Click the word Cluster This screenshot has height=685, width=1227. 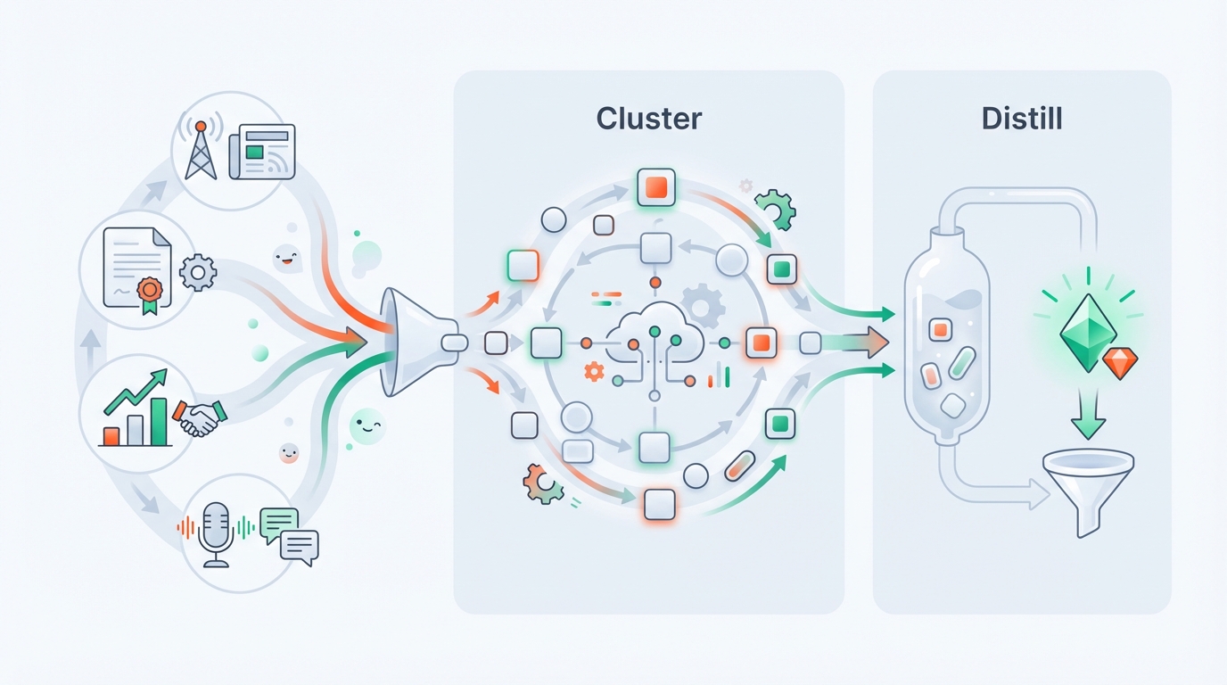[648, 119]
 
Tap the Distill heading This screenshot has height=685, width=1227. [1021, 119]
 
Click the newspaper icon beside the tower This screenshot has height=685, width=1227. [260, 153]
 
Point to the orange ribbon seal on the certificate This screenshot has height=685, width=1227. [150, 292]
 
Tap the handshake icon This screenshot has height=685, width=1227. [200, 417]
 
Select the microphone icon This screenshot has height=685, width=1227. [216, 533]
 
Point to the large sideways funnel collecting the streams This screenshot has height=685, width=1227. [406, 342]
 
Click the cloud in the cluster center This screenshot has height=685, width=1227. [654, 337]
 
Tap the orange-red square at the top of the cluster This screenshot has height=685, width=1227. [655, 187]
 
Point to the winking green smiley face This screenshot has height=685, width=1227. [366, 425]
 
